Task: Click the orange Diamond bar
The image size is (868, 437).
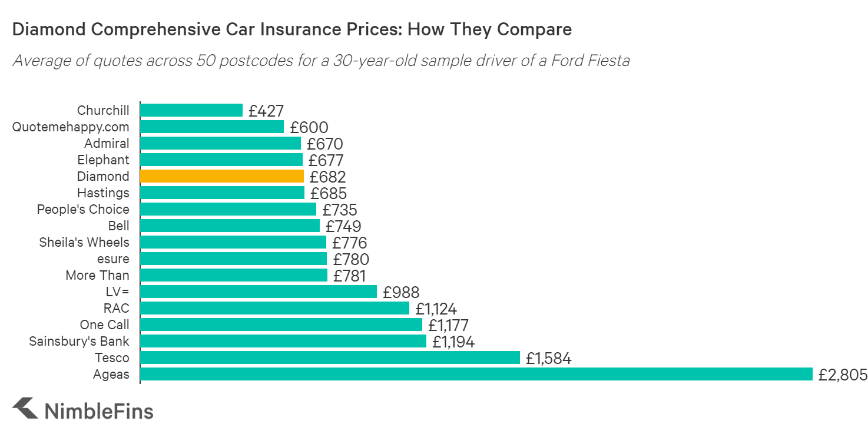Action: (x=222, y=176)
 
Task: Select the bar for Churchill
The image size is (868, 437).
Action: (x=191, y=110)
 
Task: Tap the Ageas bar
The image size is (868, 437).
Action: (x=476, y=374)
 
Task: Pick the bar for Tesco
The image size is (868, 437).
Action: (x=330, y=357)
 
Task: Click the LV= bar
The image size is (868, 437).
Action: (x=259, y=292)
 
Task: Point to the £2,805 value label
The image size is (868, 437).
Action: (x=843, y=375)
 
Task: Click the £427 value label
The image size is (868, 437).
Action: (x=266, y=111)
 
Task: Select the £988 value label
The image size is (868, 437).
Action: (x=401, y=292)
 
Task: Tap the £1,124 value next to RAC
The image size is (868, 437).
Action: (x=436, y=309)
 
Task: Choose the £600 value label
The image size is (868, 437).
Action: (x=309, y=127)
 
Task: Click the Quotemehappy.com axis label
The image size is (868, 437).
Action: (x=71, y=127)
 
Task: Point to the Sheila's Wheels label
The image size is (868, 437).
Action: (x=84, y=242)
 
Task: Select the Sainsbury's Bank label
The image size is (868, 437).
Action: (x=79, y=341)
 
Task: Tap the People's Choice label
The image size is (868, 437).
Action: (x=83, y=209)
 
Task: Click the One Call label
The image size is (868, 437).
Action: (x=104, y=325)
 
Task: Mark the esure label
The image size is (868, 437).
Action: (x=113, y=259)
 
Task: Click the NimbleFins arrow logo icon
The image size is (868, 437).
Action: (x=25, y=408)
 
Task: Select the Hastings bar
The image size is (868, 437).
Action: (x=222, y=193)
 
